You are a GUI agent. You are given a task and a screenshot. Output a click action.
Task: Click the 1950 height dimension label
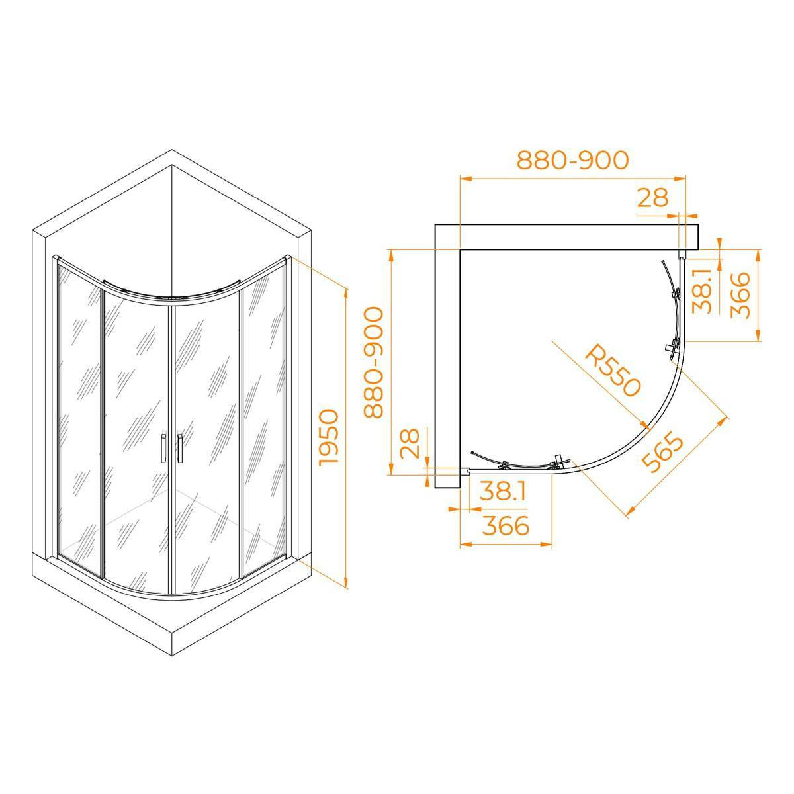click(330, 437)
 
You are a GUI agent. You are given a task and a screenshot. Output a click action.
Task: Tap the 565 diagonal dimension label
click(663, 452)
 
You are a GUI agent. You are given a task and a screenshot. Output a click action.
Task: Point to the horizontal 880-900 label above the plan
click(573, 160)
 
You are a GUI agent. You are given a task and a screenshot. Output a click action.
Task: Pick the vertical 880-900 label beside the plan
click(374, 363)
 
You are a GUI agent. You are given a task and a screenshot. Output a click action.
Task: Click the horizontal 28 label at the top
click(652, 198)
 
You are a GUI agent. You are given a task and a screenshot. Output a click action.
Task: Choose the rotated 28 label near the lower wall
click(410, 443)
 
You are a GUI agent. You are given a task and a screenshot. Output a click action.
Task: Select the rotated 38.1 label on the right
click(701, 291)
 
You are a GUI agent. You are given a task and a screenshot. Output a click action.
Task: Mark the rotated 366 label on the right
click(740, 295)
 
